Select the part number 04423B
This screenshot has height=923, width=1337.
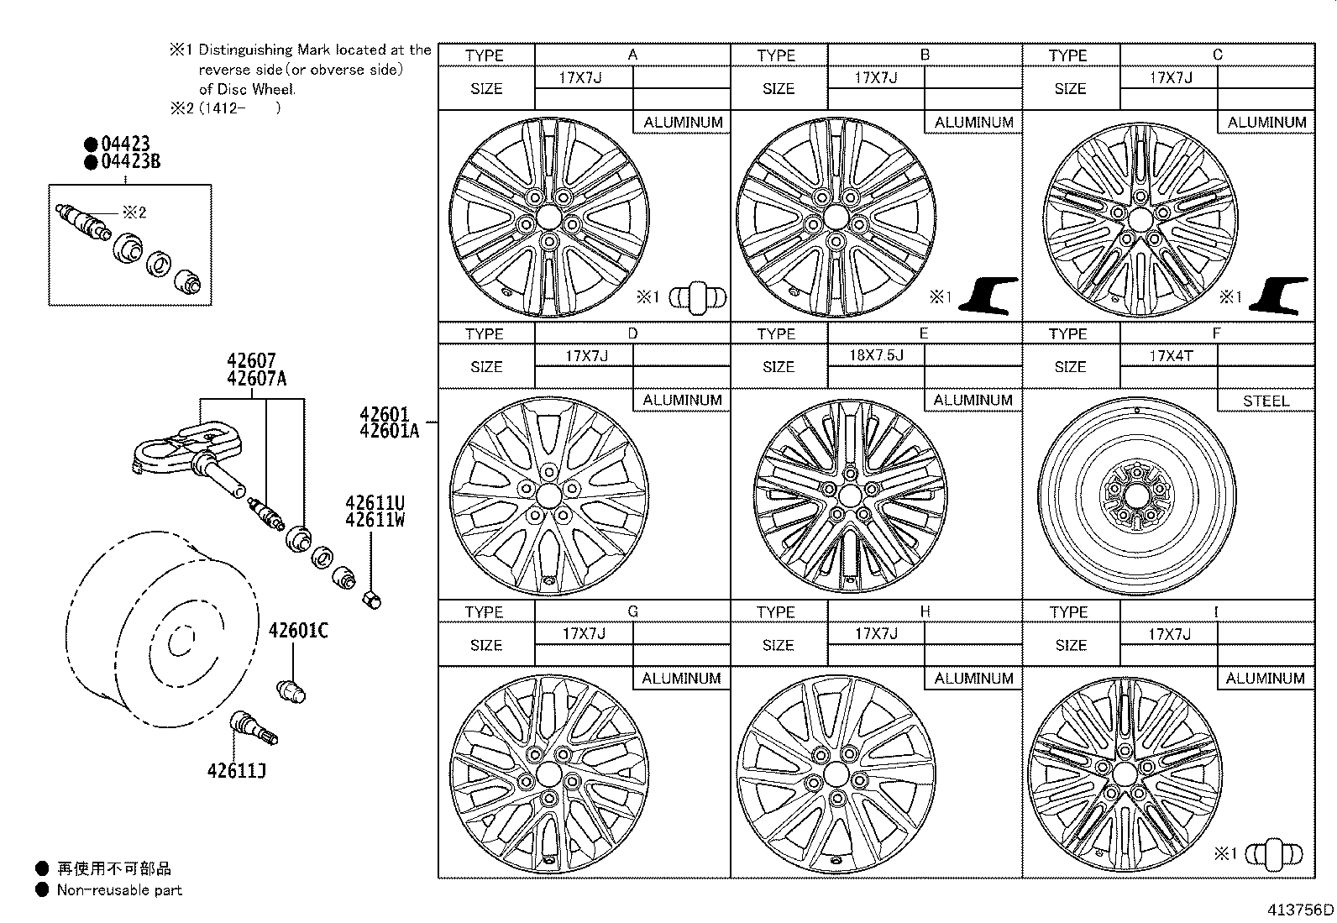130,161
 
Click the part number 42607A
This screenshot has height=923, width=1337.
256,379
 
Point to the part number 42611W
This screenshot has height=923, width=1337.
375,520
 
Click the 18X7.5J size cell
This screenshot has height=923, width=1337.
876,355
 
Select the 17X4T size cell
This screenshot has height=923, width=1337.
1170,355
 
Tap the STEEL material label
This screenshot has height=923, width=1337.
1266,401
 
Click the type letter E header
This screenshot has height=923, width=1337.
924,333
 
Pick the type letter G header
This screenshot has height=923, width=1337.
632,611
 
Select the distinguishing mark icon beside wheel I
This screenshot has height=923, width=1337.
1275,855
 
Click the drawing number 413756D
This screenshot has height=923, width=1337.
1300,910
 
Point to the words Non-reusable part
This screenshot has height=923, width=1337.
119,889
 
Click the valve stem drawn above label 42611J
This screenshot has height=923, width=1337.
253,726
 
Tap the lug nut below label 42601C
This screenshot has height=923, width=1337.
291,691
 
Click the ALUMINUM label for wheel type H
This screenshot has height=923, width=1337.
973,678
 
